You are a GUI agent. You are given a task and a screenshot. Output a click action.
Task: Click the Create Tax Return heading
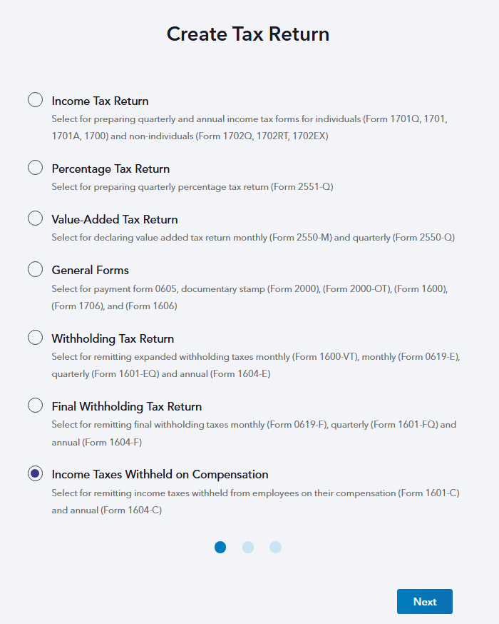[248, 34]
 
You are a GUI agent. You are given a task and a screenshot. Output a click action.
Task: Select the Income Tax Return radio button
[35, 100]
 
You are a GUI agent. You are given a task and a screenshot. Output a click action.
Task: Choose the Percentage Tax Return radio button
[35, 168]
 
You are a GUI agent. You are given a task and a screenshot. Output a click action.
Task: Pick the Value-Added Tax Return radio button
[35, 218]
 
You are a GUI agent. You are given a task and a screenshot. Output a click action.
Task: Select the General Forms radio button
[35, 269]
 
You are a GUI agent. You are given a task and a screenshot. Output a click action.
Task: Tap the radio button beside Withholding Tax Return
[35, 338]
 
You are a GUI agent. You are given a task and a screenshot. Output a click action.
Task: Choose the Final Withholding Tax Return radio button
[35, 406]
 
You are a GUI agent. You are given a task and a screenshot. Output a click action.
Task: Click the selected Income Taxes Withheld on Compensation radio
[35, 473]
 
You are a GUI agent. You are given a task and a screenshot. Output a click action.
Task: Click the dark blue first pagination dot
[220, 547]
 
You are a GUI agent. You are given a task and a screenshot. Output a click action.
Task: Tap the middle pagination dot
[248, 547]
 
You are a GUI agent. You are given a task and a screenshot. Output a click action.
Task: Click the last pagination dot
[275, 547]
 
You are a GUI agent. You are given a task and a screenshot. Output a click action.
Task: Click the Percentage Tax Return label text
[110, 169]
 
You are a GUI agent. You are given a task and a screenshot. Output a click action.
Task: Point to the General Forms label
[90, 271]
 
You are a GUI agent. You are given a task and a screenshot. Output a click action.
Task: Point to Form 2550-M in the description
[301, 238]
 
